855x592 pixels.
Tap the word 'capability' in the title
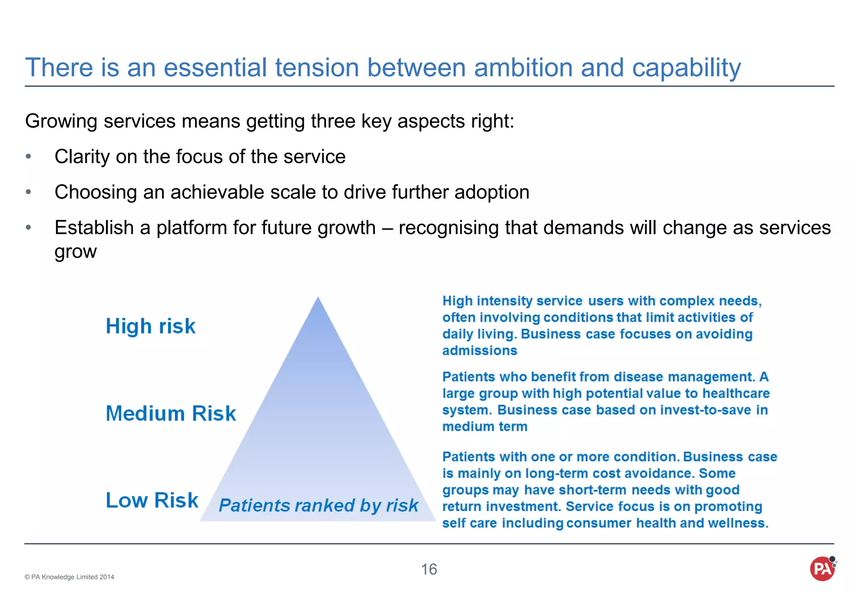686,68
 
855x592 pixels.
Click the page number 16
429,569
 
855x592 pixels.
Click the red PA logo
822,569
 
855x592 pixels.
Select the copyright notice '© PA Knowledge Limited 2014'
69,577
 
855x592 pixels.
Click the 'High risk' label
150,326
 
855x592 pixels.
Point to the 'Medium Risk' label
171,413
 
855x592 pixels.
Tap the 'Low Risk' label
152,500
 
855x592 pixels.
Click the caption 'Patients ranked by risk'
318,506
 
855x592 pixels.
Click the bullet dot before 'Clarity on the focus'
28,157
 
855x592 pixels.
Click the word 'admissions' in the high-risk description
480,351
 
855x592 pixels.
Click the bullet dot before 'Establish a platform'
28,228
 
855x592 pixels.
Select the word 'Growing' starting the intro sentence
61,121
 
